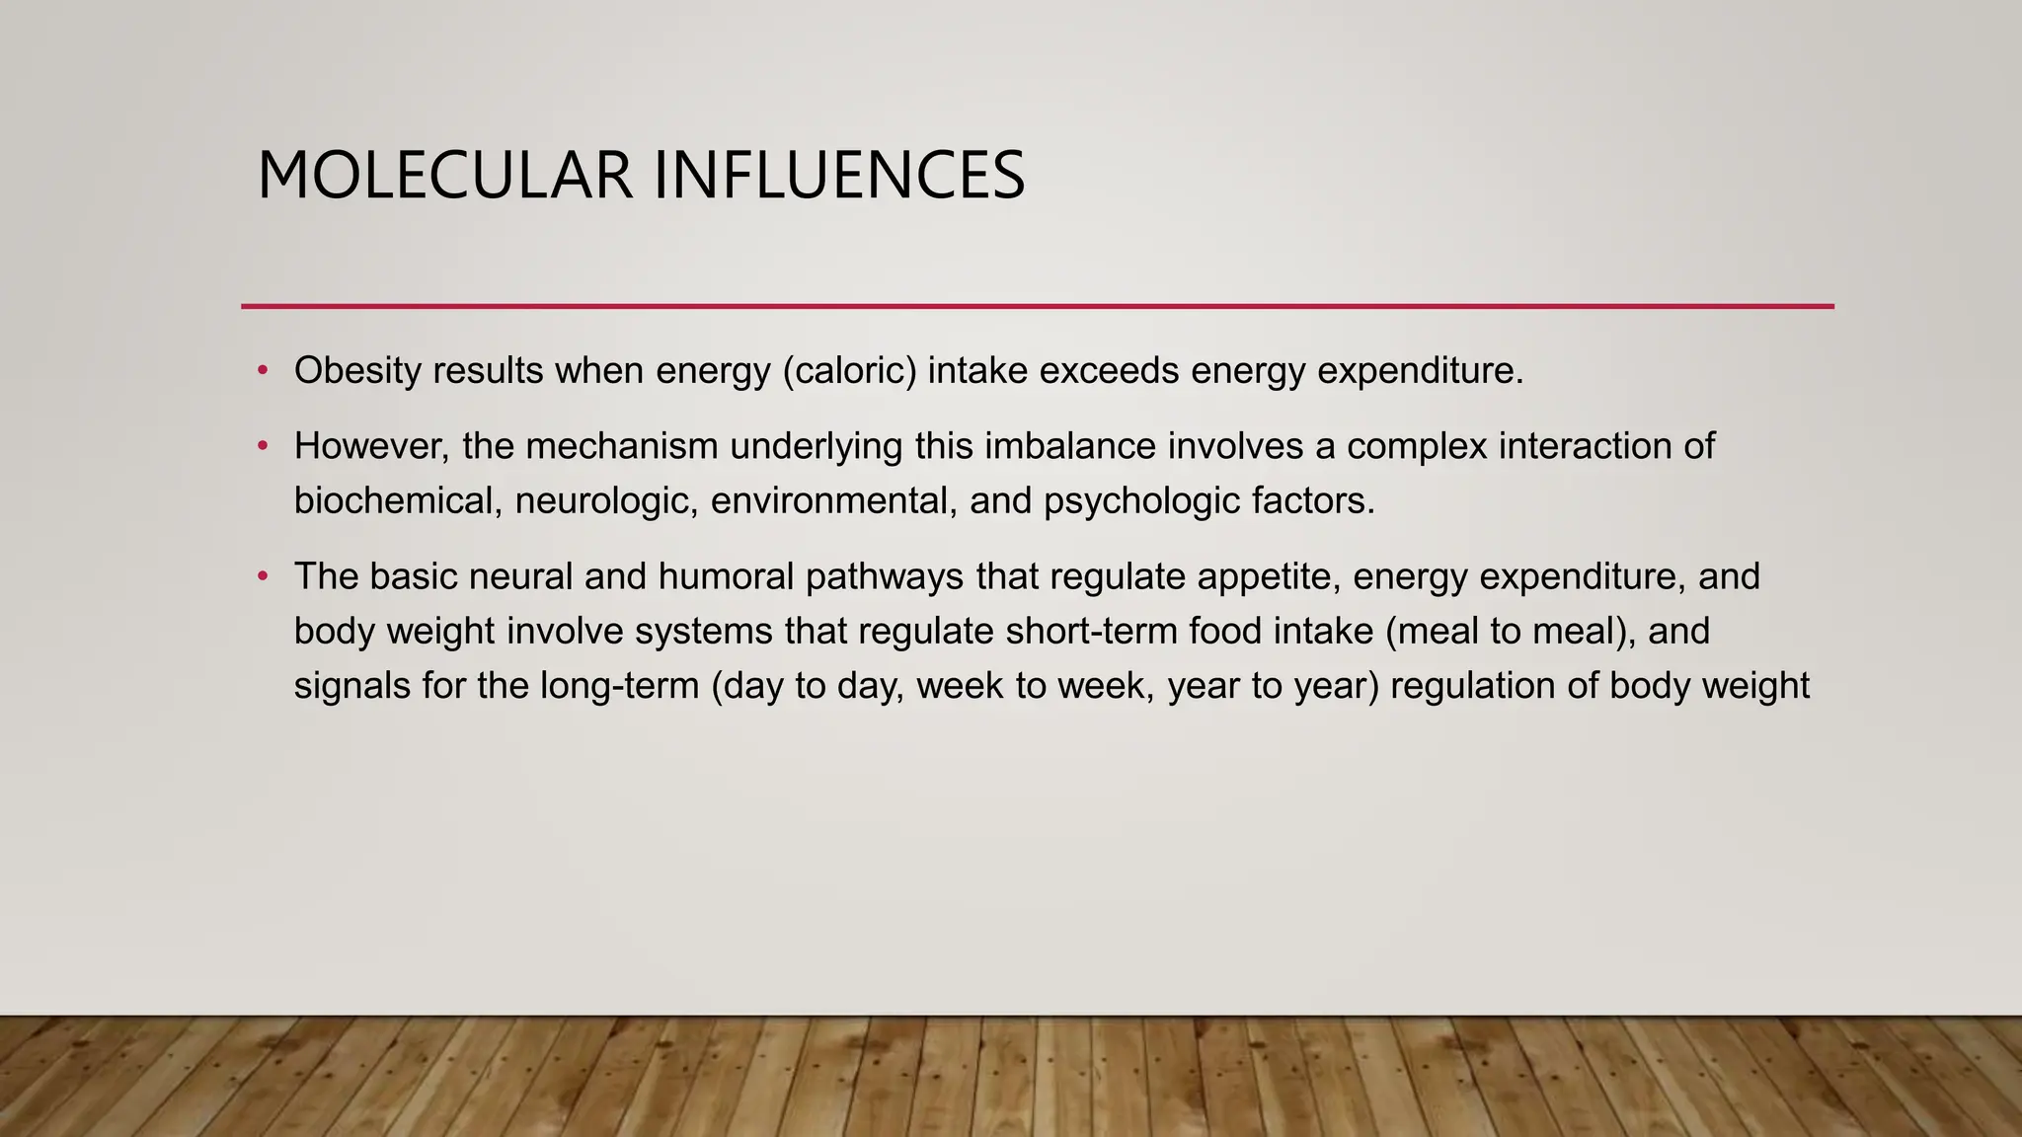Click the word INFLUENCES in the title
click(839, 176)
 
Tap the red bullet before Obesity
click(263, 371)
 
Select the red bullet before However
click(263, 446)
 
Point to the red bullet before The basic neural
click(263, 576)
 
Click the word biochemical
click(398, 501)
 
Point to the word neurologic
click(606, 501)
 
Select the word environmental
click(834, 501)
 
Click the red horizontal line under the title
click(1037, 307)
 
